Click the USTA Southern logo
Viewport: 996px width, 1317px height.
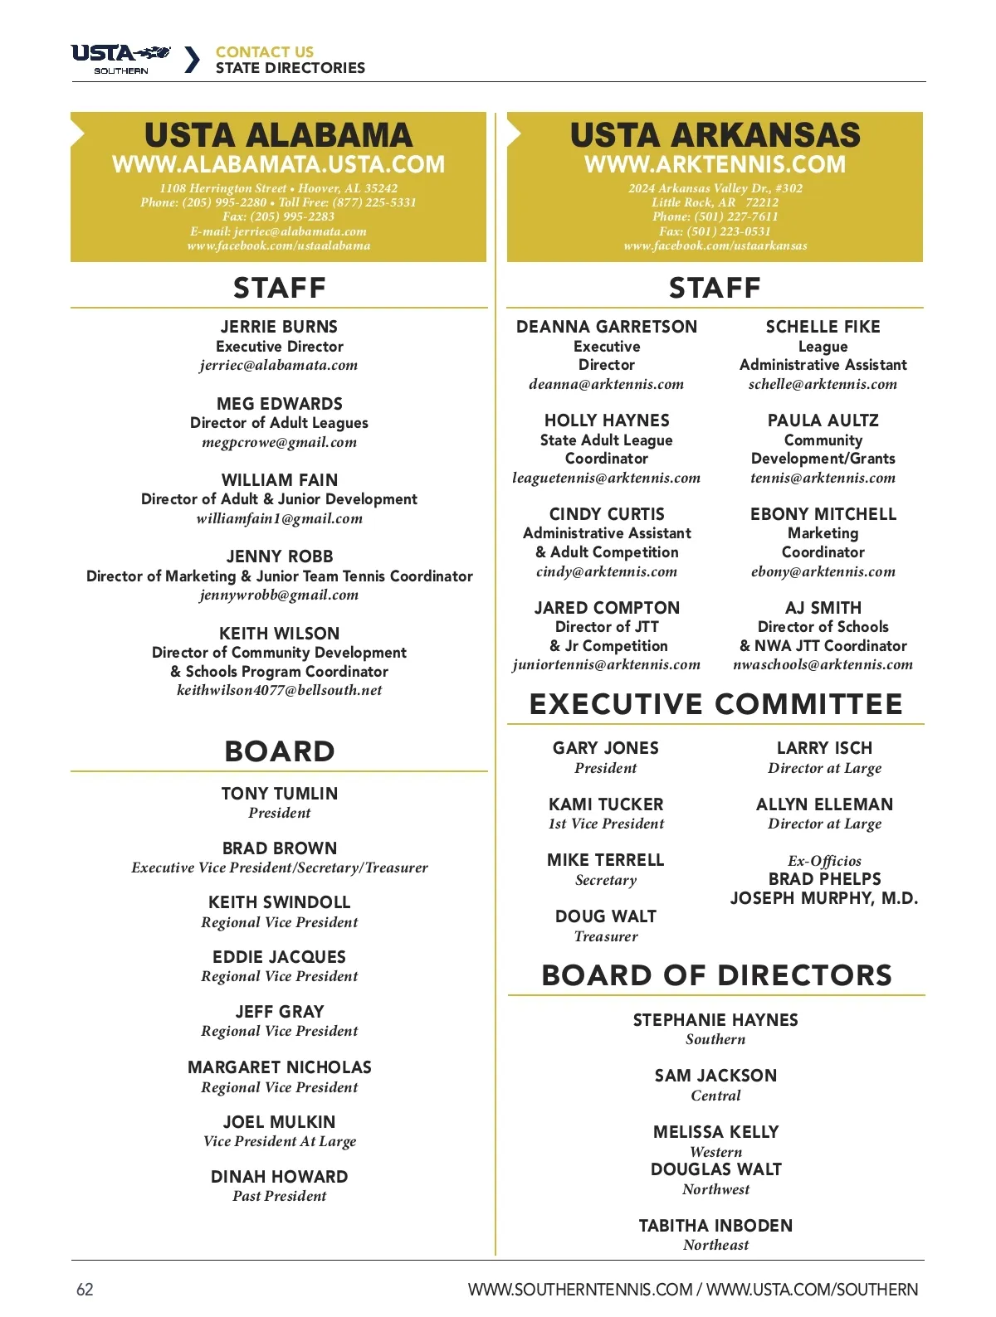pyautogui.click(x=121, y=59)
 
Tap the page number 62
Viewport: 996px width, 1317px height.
pyautogui.click(x=85, y=1289)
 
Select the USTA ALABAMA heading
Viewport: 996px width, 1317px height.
pyautogui.click(x=278, y=135)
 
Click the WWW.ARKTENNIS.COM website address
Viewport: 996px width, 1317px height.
pyautogui.click(x=715, y=164)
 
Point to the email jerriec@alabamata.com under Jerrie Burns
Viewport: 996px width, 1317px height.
pyautogui.click(x=279, y=365)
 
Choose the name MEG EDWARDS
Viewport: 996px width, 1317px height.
pyautogui.click(x=280, y=404)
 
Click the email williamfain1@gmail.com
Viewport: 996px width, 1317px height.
pyautogui.click(x=280, y=518)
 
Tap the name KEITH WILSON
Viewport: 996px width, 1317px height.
pyautogui.click(x=280, y=634)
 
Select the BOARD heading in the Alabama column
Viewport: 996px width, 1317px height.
pyautogui.click(x=280, y=751)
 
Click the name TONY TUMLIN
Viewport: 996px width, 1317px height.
pyautogui.click(x=280, y=794)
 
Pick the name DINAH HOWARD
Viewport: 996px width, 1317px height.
pyautogui.click(x=280, y=1177)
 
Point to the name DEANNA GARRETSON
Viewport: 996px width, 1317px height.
pyautogui.click(x=607, y=327)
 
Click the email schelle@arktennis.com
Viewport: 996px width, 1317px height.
pyautogui.click(x=823, y=384)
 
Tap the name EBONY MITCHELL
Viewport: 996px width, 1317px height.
pyautogui.click(x=823, y=514)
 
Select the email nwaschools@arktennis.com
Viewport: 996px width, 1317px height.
pyautogui.click(x=823, y=664)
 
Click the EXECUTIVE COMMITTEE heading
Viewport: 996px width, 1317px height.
pyautogui.click(x=715, y=704)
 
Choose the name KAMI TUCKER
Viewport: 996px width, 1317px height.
pyautogui.click(x=606, y=804)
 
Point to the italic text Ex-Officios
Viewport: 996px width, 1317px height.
pyautogui.click(x=824, y=861)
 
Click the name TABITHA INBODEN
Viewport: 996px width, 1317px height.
pyautogui.click(x=715, y=1226)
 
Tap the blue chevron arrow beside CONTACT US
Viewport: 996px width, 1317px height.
pyautogui.click(x=192, y=60)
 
